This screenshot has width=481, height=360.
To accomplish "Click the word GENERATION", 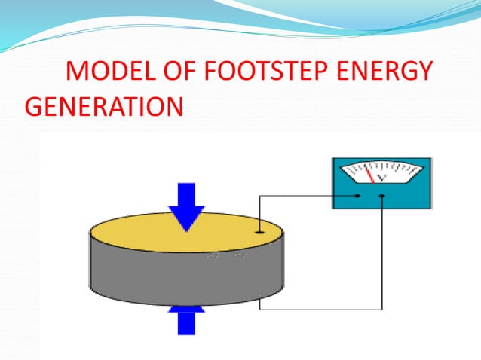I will pyautogui.click(x=103, y=106).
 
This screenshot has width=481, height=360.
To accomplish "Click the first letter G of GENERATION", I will pyautogui.click(x=35, y=106).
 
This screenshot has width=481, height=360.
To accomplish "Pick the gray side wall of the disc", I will pyautogui.click(x=151, y=275).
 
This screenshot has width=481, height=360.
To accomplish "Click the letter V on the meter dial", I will pyautogui.click(x=383, y=178).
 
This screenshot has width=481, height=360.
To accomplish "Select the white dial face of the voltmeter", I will pyautogui.click(x=381, y=172).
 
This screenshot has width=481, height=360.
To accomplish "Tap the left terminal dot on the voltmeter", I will pyautogui.click(x=358, y=197).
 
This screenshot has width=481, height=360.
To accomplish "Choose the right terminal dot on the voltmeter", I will pyautogui.click(x=383, y=197).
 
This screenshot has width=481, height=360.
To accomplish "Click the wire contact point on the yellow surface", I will pyautogui.click(x=259, y=231).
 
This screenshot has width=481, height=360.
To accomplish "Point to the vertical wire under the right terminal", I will pyautogui.click(x=383, y=256).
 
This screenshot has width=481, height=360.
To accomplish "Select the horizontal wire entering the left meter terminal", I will pyautogui.click(x=309, y=197).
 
